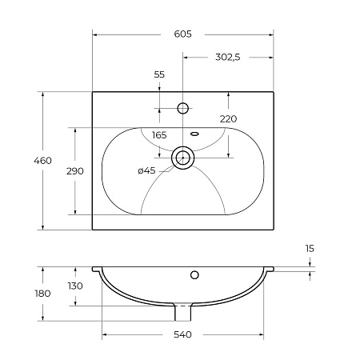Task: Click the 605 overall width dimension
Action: click(x=182, y=34)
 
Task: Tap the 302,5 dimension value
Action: click(x=228, y=57)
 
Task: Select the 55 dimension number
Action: click(x=159, y=74)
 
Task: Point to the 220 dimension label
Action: click(x=228, y=119)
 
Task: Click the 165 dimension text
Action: click(x=159, y=135)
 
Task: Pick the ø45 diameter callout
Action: click(x=146, y=170)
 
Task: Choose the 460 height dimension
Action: click(x=42, y=161)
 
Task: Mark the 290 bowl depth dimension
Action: click(x=75, y=171)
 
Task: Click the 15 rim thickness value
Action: click(x=310, y=249)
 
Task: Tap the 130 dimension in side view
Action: click(x=75, y=286)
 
